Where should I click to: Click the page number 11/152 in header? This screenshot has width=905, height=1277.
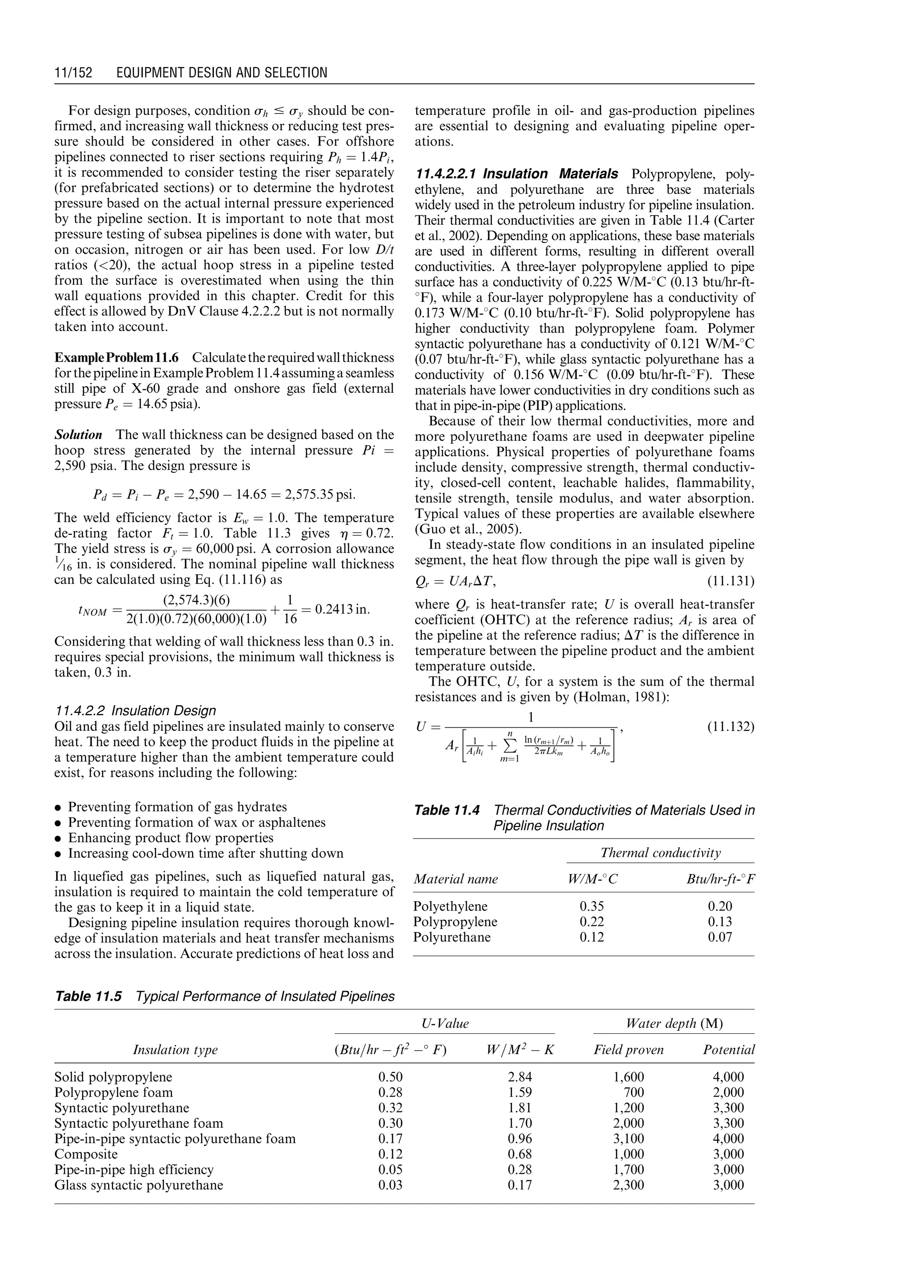click(73, 72)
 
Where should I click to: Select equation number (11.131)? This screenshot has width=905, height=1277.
click(730, 582)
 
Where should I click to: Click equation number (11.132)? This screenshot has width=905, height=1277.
click(730, 727)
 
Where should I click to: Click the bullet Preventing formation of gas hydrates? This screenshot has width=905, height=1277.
click(177, 807)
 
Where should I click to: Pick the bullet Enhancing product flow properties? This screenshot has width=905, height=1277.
click(171, 838)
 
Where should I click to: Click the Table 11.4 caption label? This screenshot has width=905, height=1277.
click(446, 810)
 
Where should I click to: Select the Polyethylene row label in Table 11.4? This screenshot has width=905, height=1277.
click(450, 906)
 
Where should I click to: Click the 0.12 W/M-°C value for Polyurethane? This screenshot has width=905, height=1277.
click(591, 937)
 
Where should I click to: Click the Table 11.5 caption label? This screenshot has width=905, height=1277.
click(88, 996)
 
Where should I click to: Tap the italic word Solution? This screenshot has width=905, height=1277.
click(78, 435)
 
